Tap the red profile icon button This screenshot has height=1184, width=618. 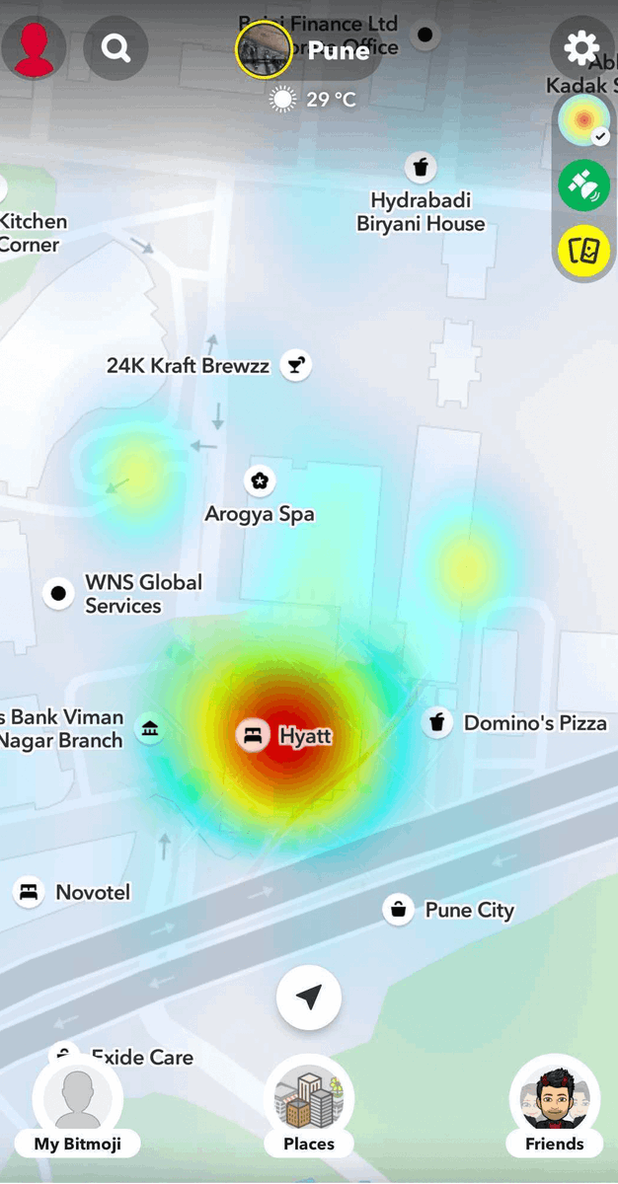34,48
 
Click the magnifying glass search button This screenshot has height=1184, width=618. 116,48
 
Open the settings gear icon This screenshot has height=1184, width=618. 581,48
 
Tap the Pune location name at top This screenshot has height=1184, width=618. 338,50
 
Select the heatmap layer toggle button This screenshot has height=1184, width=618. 583,122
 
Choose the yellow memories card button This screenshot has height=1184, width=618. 583,251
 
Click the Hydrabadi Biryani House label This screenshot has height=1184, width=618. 421,212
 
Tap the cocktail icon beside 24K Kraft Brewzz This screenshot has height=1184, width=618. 294,365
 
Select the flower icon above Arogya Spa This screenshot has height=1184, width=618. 260,481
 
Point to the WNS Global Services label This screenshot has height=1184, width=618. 143,594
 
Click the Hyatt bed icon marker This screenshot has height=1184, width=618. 253,735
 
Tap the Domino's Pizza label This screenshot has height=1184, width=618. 535,723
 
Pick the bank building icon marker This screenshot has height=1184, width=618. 149,729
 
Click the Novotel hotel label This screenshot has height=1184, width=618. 93,893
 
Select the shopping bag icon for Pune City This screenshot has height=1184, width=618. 398,909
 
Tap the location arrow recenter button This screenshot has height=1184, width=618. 309,998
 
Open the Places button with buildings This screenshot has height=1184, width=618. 309,1106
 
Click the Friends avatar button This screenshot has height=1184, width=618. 554,1106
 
